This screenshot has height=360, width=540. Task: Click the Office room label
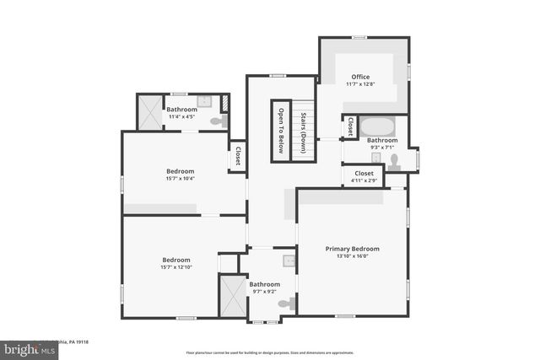point(360,77)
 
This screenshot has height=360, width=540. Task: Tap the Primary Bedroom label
point(353,249)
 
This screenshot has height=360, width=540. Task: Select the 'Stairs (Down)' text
point(303,132)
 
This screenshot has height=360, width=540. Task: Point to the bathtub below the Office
point(375,127)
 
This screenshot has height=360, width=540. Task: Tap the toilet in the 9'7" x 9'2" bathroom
point(288,303)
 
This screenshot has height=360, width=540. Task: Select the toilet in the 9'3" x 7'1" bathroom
point(393,160)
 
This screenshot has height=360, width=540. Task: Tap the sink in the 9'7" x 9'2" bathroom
point(289,261)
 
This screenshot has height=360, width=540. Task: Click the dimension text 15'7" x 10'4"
point(181,178)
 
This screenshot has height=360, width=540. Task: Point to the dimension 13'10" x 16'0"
point(353,257)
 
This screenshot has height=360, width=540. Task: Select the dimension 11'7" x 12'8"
point(360,84)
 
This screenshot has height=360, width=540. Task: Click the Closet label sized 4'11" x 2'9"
point(364,173)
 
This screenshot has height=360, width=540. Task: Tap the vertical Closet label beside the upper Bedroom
point(237,156)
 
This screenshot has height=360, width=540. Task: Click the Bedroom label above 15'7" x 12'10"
point(176,260)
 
